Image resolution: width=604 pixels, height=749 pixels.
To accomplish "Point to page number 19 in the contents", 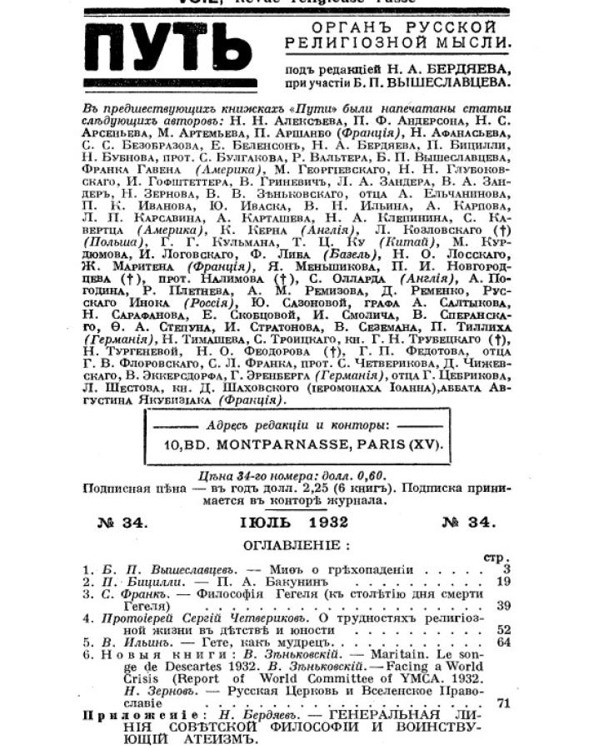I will (x=502, y=582).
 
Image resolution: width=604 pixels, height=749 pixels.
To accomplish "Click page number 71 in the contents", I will (x=502, y=703).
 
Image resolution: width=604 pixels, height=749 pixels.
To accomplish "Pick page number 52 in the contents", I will (x=502, y=630).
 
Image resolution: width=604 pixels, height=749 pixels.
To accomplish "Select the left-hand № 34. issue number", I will (x=122, y=523).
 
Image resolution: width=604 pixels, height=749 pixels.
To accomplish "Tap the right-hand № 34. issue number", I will (x=467, y=523).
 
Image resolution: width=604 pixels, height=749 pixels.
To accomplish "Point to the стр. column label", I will (x=494, y=558).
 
